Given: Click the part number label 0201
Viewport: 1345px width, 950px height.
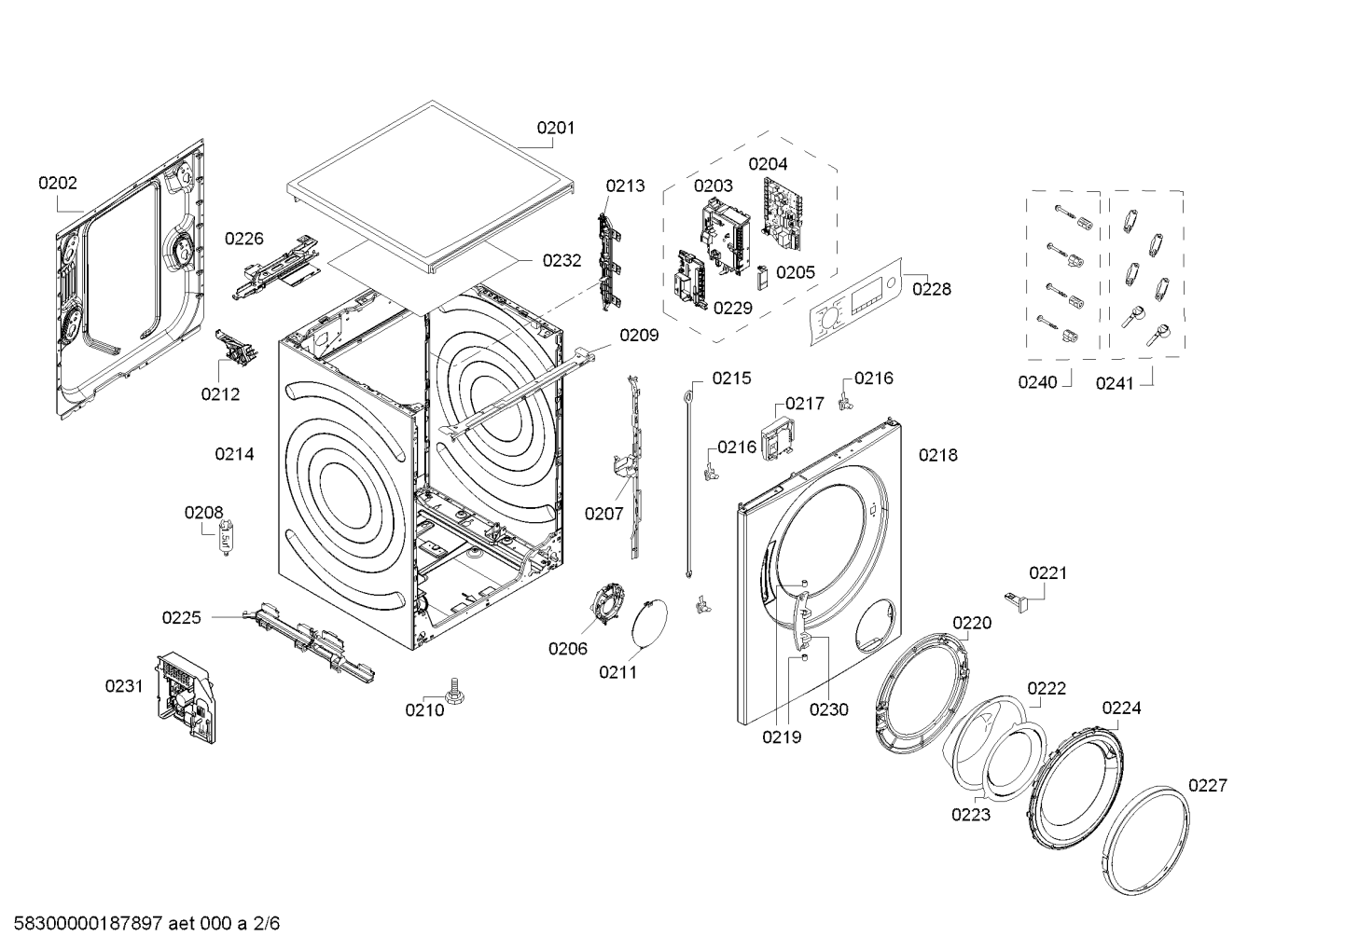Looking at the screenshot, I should pyautogui.click(x=555, y=128).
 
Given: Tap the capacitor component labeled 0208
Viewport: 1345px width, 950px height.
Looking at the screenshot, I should pyautogui.click(x=224, y=539).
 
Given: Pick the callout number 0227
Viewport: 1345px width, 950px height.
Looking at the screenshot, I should pyautogui.click(x=1208, y=786).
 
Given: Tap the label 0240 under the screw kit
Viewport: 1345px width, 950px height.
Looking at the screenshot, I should pyautogui.click(x=1038, y=382).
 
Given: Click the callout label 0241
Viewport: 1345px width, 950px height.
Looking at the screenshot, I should pyautogui.click(x=1115, y=382).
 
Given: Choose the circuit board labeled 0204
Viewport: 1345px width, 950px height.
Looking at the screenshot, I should pyautogui.click(x=781, y=213).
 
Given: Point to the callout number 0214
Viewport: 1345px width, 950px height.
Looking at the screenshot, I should pyautogui.click(x=234, y=454).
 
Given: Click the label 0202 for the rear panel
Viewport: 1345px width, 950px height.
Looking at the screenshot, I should pyautogui.click(x=58, y=183).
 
